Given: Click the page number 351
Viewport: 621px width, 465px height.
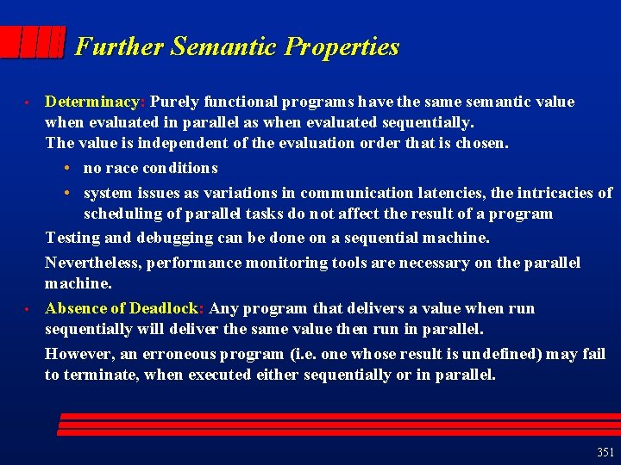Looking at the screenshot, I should (x=605, y=452).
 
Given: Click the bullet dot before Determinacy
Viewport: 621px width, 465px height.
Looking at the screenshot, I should (x=28, y=102).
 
